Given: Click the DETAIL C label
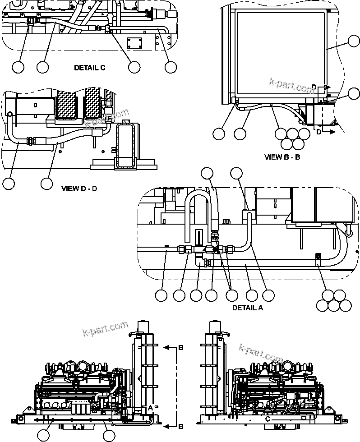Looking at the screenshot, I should [89, 68].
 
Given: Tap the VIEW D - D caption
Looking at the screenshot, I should [79, 188].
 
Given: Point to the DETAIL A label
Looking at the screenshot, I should [248, 308].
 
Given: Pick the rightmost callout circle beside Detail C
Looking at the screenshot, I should [170, 67].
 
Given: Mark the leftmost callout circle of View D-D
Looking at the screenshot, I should [9, 184].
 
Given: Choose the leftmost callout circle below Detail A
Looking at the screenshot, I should [161, 295].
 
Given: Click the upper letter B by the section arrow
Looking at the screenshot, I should [180, 348].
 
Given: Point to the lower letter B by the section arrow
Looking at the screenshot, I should [180, 426].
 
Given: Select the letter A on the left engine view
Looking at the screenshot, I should [150, 407].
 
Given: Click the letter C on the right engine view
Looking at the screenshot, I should [268, 419].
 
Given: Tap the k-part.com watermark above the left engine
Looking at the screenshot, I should [106, 329].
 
